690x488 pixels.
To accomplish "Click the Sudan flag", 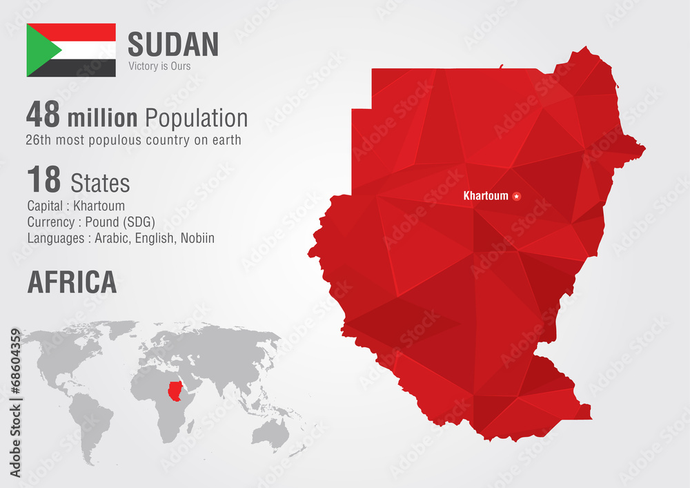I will click(x=71, y=50).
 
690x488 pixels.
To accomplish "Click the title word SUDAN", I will click(x=173, y=45).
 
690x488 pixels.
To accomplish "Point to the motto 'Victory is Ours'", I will click(x=159, y=66).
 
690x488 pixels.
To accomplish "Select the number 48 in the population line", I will click(x=43, y=115).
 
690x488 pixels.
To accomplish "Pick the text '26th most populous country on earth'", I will click(x=134, y=140).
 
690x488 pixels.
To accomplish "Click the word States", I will click(x=100, y=183).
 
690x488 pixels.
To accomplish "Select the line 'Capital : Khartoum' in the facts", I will click(x=76, y=206).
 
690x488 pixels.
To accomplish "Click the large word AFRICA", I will click(x=72, y=282).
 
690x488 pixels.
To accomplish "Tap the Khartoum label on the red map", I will click(x=486, y=196).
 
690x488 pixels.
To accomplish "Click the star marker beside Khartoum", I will click(x=516, y=196).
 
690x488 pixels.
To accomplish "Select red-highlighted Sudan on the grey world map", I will click(x=177, y=390).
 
